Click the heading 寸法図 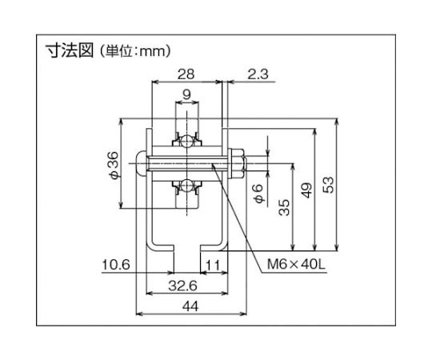[x=70, y=51]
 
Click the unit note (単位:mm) [x=134, y=51]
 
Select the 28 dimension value [x=186, y=74]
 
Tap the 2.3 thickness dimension [x=258, y=74]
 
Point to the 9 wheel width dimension [x=186, y=94]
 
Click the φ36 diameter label [x=114, y=166]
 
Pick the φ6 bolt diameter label [x=259, y=194]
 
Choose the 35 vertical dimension [x=284, y=207]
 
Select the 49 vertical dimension [x=306, y=190]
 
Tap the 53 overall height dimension [x=328, y=185]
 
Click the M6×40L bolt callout [x=296, y=265]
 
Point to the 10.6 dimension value [x=116, y=265]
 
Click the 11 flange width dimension [x=213, y=265]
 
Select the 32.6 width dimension [x=182, y=286]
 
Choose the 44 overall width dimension [x=190, y=306]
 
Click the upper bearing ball [x=186, y=142]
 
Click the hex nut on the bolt [x=238, y=163]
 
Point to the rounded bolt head [x=141, y=163]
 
